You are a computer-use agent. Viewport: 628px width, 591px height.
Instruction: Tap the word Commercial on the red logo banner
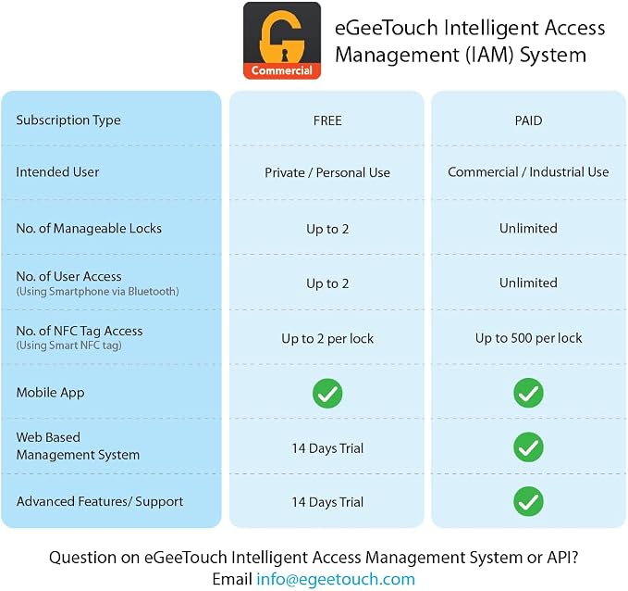[x=281, y=70]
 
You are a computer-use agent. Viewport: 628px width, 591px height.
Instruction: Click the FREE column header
[x=327, y=120]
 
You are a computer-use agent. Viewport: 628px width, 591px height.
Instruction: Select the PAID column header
[x=528, y=120]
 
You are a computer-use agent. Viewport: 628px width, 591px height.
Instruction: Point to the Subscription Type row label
[x=68, y=120]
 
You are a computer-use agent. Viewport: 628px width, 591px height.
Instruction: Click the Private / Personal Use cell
[x=327, y=172]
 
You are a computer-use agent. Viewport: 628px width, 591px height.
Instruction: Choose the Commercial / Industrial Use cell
[x=528, y=172]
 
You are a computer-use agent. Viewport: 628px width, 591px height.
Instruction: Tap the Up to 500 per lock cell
[x=529, y=338]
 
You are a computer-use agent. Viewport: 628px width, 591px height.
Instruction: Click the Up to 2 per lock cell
[x=327, y=339]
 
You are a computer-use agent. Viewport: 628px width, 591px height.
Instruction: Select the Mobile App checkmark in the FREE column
[x=327, y=393]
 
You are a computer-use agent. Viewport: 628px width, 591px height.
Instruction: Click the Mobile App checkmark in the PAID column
[x=528, y=393]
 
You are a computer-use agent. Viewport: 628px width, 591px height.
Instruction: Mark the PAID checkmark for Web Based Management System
[x=528, y=447]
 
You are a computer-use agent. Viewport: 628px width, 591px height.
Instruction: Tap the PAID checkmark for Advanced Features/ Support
[x=528, y=501]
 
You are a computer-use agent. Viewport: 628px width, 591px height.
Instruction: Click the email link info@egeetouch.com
[x=336, y=579]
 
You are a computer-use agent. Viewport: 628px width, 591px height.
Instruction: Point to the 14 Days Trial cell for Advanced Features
[x=327, y=502]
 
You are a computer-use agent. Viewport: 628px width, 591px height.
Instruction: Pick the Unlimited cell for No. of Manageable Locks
[x=528, y=228]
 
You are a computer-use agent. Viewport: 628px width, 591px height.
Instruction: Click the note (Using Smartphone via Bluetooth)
[x=97, y=292]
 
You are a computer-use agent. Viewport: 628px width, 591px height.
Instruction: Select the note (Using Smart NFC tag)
[x=68, y=346]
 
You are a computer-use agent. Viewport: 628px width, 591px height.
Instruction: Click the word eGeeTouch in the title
[x=386, y=28]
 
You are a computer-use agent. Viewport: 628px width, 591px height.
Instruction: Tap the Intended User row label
[x=57, y=172]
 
